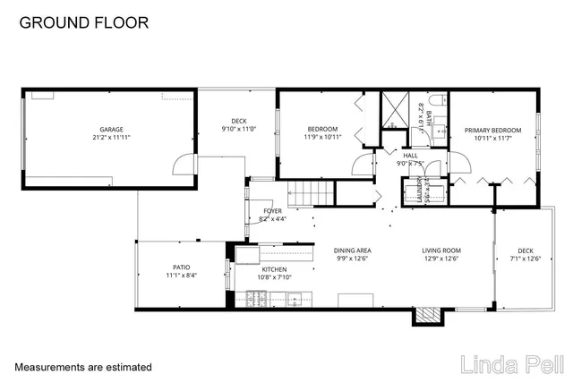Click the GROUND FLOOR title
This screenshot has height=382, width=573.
[x=84, y=22]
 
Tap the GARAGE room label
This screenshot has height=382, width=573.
[x=111, y=129]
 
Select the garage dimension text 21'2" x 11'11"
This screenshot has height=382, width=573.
[x=111, y=138]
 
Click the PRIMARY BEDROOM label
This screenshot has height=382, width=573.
[x=493, y=131]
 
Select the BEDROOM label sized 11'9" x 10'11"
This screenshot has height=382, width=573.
[x=322, y=129]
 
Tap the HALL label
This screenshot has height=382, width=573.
[x=410, y=155]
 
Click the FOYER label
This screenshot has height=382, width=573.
[x=271, y=211]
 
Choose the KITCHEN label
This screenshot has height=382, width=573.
[x=274, y=269]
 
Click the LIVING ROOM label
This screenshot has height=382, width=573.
[x=441, y=250]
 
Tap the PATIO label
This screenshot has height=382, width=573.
[x=182, y=267]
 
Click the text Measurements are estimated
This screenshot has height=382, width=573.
[x=83, y=367]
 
